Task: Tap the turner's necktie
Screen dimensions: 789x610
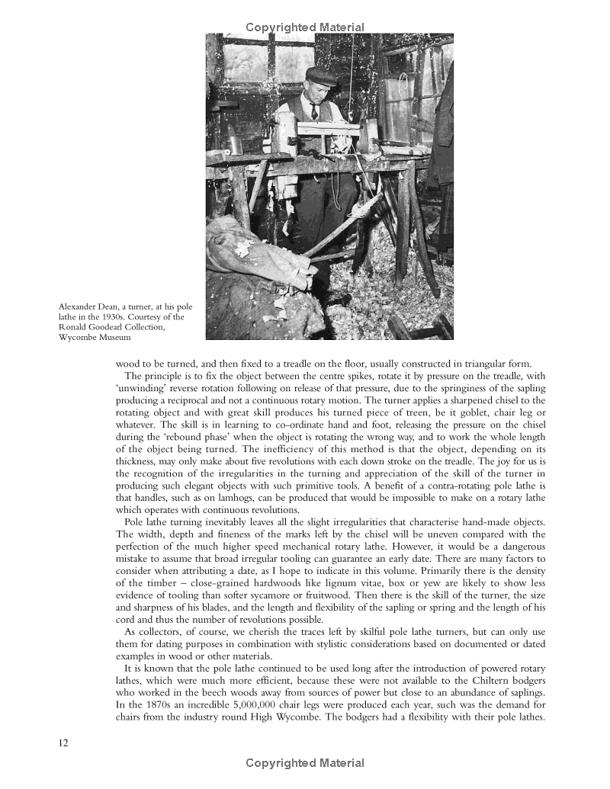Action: [x=314, y=111]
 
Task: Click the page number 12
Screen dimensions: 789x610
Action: [x=64, y=743]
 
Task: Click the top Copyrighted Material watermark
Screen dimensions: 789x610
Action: [x=305, y=27]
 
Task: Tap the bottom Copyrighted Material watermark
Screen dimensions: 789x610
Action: [x=305, y=763]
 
